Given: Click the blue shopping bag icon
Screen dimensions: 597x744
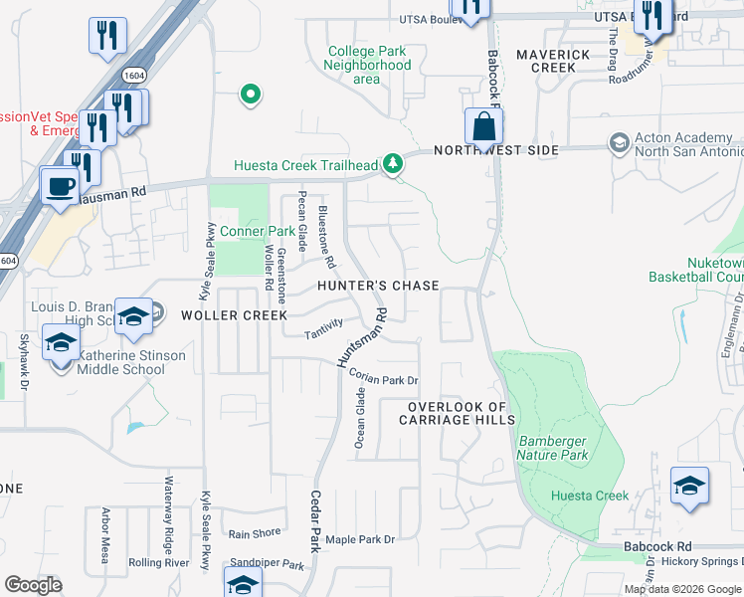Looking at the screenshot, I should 483,128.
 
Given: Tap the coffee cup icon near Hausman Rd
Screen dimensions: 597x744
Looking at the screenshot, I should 60,185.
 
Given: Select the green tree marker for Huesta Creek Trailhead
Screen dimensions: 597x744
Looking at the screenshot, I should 394,163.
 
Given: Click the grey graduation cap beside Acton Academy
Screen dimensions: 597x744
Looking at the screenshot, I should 619,143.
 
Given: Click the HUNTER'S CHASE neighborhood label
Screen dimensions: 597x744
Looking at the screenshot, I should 378,286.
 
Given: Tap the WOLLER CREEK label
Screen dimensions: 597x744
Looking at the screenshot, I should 221,315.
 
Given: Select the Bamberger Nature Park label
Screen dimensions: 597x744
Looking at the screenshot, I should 551,448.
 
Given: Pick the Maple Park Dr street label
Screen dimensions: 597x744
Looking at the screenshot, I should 360,539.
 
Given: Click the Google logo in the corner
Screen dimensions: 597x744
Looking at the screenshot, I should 34,584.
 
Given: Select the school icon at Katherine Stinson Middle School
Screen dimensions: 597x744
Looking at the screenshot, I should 61,344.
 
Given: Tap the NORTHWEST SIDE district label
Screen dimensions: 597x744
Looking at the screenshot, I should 495,150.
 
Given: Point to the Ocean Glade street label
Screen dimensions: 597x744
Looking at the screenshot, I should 361,418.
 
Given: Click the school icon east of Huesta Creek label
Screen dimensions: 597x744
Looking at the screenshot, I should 689,486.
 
